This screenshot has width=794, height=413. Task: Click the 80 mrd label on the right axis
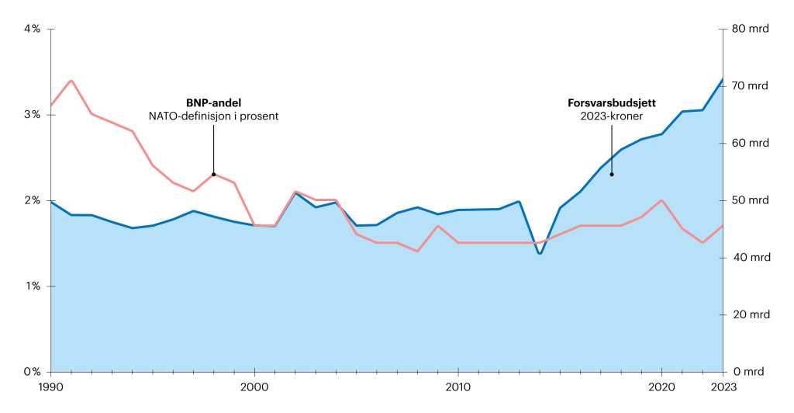[x=749, y=29]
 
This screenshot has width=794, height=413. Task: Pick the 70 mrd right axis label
[x=749, y=86]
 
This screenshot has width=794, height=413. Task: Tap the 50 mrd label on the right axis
[x=749, y=200]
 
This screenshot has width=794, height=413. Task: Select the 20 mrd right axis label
[x=749, y=315]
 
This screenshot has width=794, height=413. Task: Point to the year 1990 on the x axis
[x=50, y=387]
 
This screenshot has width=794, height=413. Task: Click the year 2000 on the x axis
[x=254, y=387]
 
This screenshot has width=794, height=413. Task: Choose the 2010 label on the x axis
[x=458, y=387]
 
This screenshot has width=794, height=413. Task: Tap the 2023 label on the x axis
[x=723, y=387]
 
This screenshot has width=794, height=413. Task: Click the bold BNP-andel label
[x=213, y=102]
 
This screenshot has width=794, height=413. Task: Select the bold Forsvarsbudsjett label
[x=611, y=102]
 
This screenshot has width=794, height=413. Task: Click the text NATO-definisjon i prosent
[x=213, y=116]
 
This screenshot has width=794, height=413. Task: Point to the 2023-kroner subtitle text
[x=611, y=116]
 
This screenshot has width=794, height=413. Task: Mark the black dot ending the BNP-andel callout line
[x=213, y=175]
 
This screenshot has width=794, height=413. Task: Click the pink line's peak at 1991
[x=71, y=81]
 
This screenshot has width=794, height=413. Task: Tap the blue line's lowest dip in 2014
[x=540, y=254]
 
